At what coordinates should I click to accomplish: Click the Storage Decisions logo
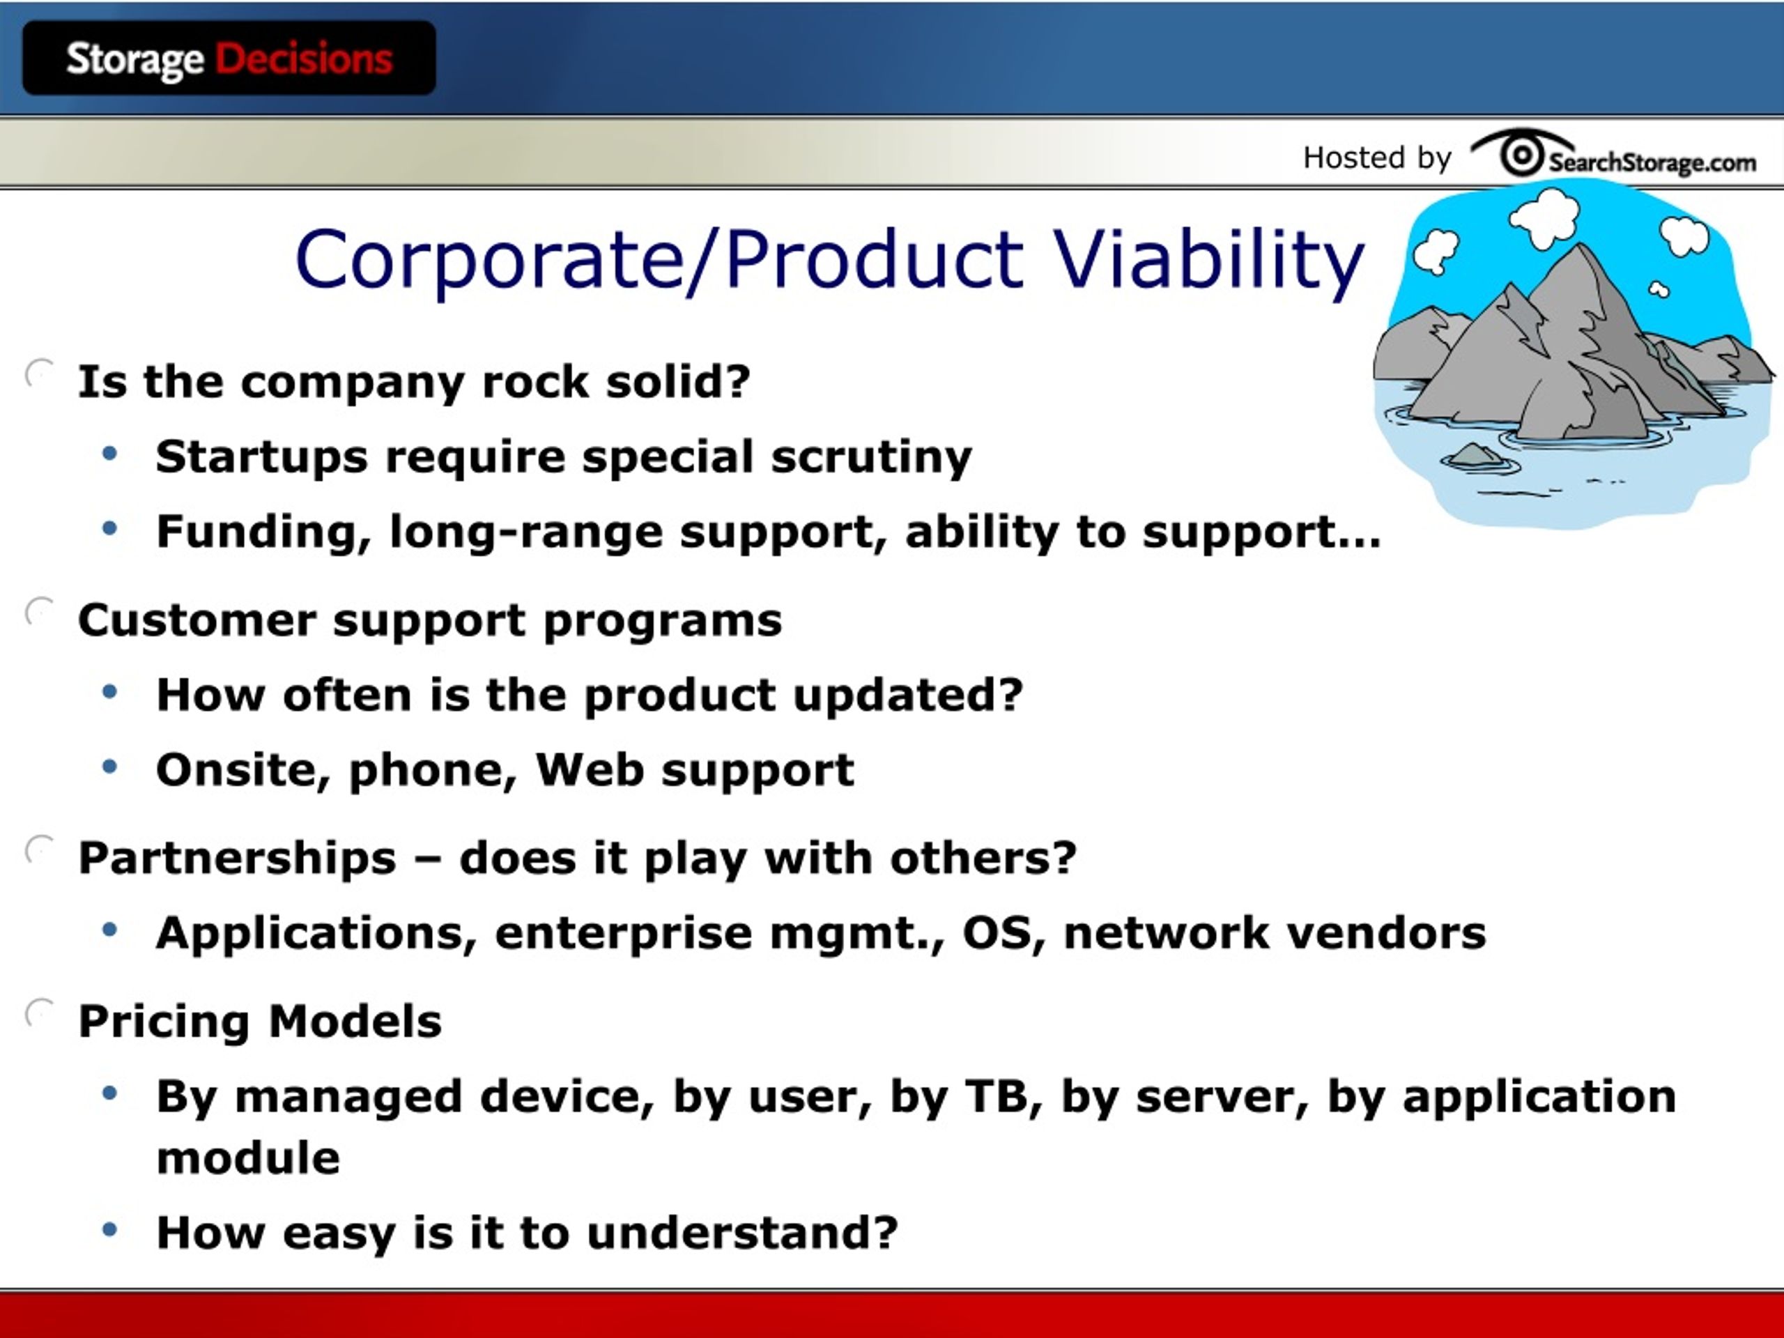coord(229,58)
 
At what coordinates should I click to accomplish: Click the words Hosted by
coord(1377,157)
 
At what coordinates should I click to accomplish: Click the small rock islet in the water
coord(1475,456)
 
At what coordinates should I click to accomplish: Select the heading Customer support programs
coord(430,621)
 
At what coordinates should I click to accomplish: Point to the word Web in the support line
coord(590,769)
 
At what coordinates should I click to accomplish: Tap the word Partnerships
coord(237,857)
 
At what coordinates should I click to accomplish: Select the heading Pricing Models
coord(260,1021)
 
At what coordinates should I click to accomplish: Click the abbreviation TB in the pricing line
coord(1000,1097)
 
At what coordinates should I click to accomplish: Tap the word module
coord(247,1158)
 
